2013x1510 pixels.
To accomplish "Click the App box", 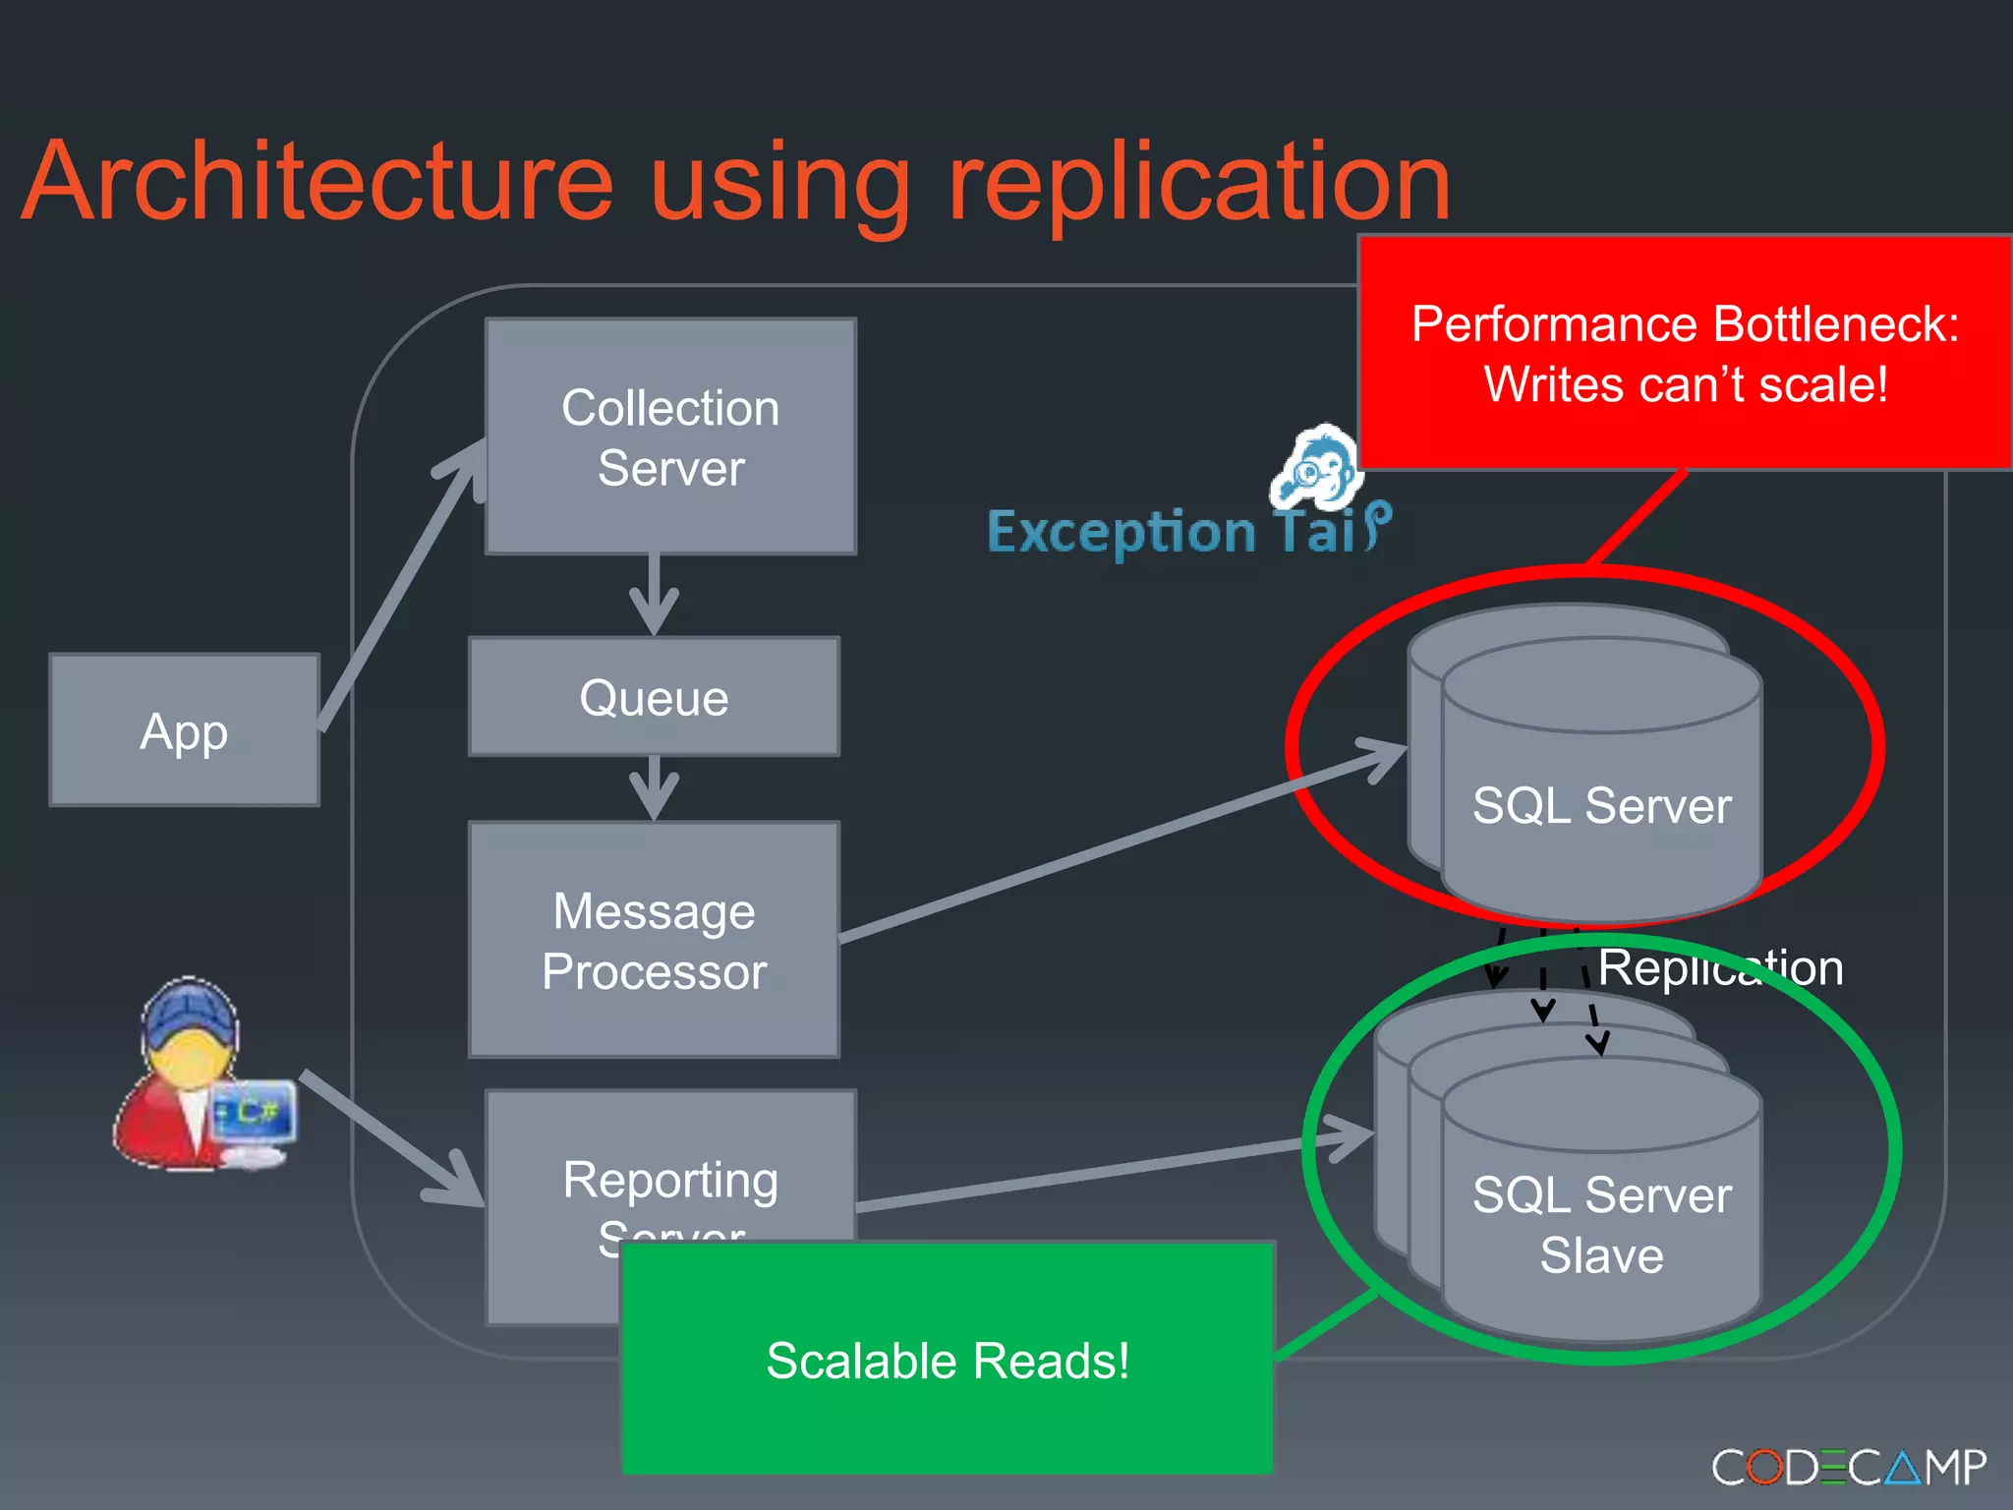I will (x=184, y=730).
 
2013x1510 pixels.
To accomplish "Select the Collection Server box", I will (x=670, y=436).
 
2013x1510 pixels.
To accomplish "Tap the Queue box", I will (x=654, y=697).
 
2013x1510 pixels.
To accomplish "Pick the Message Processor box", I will (x=654, y=940).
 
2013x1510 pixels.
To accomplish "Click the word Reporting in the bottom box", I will (x=670, y=1179).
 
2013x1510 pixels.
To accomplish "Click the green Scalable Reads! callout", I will (x=947, y=1360).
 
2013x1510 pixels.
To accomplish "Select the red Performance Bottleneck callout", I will (x=1684, y=353).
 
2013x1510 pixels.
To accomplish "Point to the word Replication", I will (x=1720, y=967).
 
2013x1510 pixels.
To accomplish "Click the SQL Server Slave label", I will (x=1601, y=1225).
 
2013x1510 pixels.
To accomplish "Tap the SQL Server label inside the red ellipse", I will (x=1601, y=805).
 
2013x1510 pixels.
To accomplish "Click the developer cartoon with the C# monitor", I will (x=201, y=1076).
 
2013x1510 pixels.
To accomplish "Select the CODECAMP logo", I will (x=1848, y=1467).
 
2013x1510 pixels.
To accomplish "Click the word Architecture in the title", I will (x=316, y=182).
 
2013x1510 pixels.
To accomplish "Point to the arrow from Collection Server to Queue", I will (x=654, y=595).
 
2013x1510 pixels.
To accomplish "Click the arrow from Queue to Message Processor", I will (x=654, y=787).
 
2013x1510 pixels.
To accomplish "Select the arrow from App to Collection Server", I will (x=398, y=590).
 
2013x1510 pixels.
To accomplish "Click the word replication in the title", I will (x=1199, y=182).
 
